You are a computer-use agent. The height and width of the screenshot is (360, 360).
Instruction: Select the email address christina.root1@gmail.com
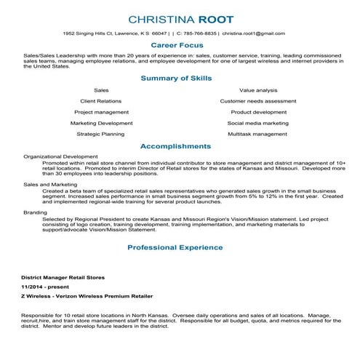coord(254,33)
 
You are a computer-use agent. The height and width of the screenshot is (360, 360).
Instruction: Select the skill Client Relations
coord(101,101)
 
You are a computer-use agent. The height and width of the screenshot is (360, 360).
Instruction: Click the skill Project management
coord(101,112)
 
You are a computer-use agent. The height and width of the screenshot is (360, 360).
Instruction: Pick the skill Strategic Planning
coord(101,135)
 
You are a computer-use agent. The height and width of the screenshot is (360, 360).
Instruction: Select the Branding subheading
coord(35,212)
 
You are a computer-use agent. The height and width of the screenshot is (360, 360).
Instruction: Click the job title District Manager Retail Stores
coord(63,278)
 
